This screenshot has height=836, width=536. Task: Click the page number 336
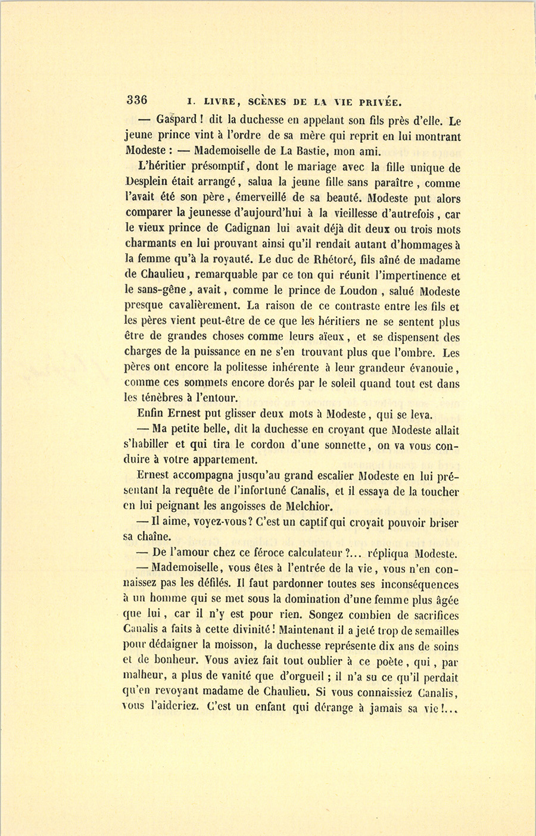tap(136, 99)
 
